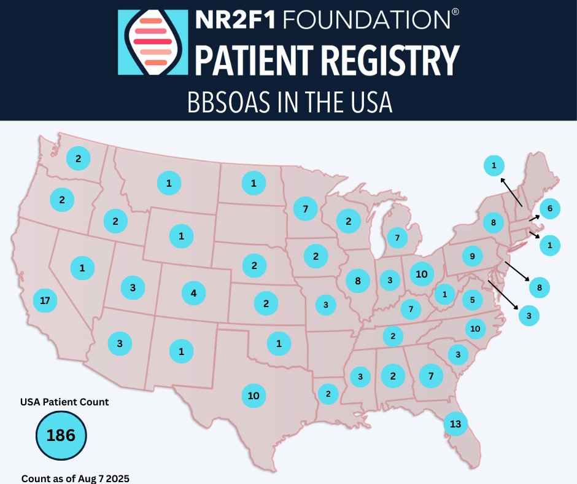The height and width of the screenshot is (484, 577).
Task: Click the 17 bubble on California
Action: [44, 300]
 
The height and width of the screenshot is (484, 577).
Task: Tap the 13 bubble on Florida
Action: [455, 423]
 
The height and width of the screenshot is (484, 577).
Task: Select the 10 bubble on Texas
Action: [254, 396]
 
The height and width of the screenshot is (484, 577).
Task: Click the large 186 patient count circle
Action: [61, 435]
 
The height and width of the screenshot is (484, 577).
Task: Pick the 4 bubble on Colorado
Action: [194, 293]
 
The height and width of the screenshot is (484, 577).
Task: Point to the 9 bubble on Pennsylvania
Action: [471, 256]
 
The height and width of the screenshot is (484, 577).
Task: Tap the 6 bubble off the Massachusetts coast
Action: [550, 209]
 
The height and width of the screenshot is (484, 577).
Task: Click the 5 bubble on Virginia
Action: [472, 300]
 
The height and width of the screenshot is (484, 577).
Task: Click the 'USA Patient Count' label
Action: [64, 402]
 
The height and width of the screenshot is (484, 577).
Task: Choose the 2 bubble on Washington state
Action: [78, 158]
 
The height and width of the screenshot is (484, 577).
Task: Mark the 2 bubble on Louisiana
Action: [328, 394]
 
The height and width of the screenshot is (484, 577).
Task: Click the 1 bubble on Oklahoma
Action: [279, 343]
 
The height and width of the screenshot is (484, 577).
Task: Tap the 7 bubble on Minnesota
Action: [305, 209]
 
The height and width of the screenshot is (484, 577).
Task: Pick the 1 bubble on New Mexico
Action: [181, 351]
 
